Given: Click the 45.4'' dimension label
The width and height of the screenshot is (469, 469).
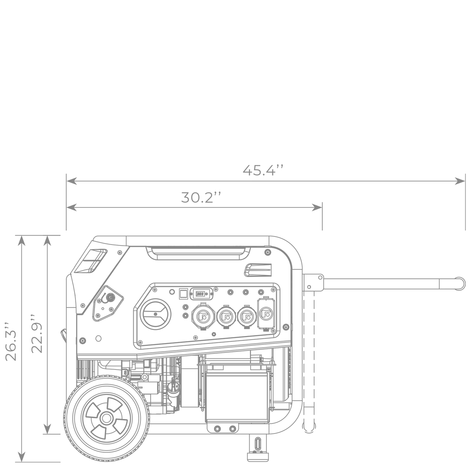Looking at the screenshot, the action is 263,170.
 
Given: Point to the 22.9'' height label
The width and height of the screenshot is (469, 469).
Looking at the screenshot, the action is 37,334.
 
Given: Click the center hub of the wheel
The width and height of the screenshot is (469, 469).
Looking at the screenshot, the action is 106,418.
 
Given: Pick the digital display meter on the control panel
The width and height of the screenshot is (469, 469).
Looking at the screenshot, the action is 201,294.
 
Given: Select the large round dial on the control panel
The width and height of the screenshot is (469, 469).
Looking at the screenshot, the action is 156,314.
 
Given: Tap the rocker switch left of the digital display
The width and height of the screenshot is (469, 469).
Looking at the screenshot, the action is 184,294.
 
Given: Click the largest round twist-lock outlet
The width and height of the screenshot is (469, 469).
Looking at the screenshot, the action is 203,316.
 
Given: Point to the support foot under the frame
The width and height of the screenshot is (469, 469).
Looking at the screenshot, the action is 258,451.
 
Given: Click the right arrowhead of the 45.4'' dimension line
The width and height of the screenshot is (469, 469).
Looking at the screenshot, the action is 460,181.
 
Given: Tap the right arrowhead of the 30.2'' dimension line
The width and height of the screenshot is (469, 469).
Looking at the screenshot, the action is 317,208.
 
